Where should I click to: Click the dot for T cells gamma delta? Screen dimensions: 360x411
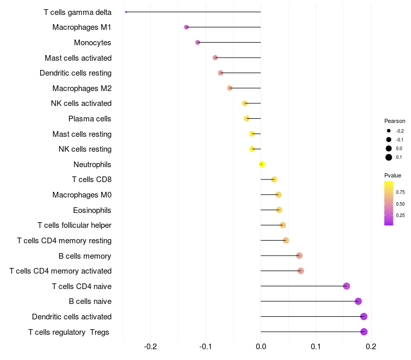(x=126, y=12)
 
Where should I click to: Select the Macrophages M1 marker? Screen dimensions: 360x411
(x=186, y=27)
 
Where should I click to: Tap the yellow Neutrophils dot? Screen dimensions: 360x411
(x=262, y=164)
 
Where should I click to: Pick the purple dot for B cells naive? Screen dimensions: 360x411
(x=358, y=301)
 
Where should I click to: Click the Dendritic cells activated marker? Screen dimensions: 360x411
(x=364, y=316)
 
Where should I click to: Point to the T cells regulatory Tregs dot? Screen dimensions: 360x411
(x=364, y=332)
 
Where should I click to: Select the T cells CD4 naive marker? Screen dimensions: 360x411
(x=346, y=286)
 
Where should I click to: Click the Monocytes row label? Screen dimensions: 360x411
(x=92, y=43)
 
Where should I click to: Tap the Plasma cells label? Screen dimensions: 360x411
(x=90, y=119)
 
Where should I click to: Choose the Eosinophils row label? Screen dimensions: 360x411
(x=92, y=210)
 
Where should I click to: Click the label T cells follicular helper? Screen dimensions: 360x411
(x=74, y=225)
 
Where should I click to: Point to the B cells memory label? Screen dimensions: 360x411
(x=85, y=256)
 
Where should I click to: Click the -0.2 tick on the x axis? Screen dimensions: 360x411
(x=151, y=347)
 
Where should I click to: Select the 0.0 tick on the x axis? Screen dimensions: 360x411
(x=261, y=347)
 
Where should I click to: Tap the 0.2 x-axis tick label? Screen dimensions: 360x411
(x=371, y=347)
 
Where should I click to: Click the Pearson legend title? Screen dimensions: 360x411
(x=395, y=121)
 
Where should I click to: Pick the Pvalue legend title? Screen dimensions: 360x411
(x=393, y=175)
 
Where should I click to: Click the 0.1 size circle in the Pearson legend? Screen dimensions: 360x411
(x=389, y=157)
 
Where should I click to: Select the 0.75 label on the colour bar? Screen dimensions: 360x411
(x=400, y=192)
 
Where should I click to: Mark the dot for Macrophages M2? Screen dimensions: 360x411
(x=230, y=88)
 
